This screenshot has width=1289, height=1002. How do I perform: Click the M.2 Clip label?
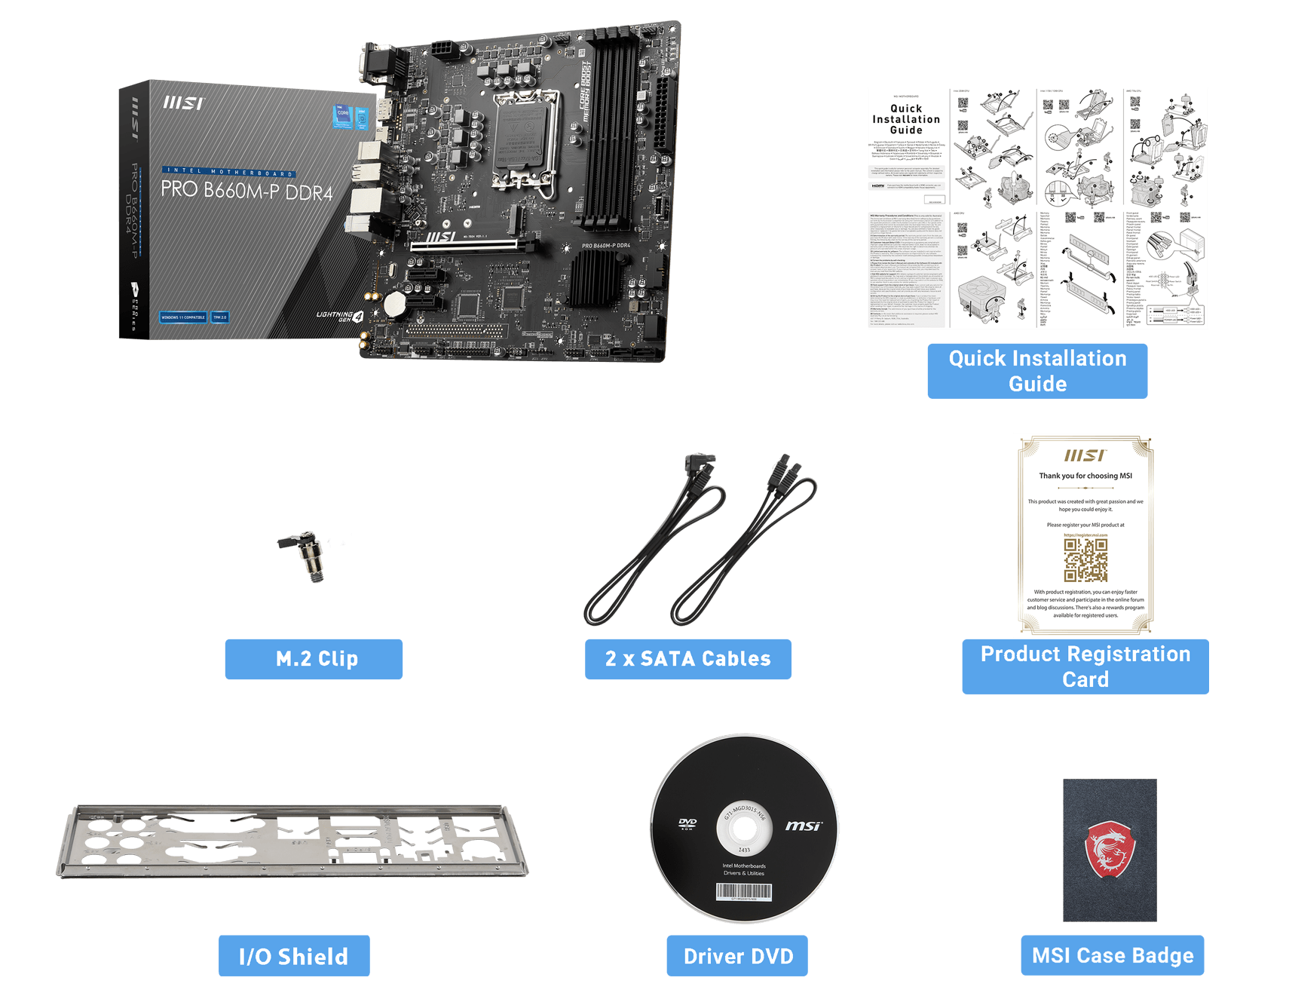tap(314, 659)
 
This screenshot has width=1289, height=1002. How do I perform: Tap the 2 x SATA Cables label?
tap(688, 659)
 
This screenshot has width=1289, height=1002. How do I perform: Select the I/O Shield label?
tap(294, 956)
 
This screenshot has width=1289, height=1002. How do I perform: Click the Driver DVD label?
tap(737, 956)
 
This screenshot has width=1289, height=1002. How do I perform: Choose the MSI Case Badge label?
tap(1113, 955)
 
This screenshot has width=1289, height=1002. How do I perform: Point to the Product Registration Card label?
tap(1085, 666)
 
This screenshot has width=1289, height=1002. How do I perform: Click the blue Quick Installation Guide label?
tap(1037, 371)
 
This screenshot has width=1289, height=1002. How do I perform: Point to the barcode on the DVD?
tap(743, 892)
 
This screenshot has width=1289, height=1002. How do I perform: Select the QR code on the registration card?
tap(1085, 559)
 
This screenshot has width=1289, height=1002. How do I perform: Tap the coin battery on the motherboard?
tap(396, 303)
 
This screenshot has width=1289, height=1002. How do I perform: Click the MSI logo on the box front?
tap(183, 103)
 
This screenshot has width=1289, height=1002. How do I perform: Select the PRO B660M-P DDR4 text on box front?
tap(246, 190)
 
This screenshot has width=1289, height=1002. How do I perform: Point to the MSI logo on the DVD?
tap(803, 826)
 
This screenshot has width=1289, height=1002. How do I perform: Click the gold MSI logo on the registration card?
tap(1085, 455)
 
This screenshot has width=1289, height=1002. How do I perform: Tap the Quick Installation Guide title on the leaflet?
tap(906, 119)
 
